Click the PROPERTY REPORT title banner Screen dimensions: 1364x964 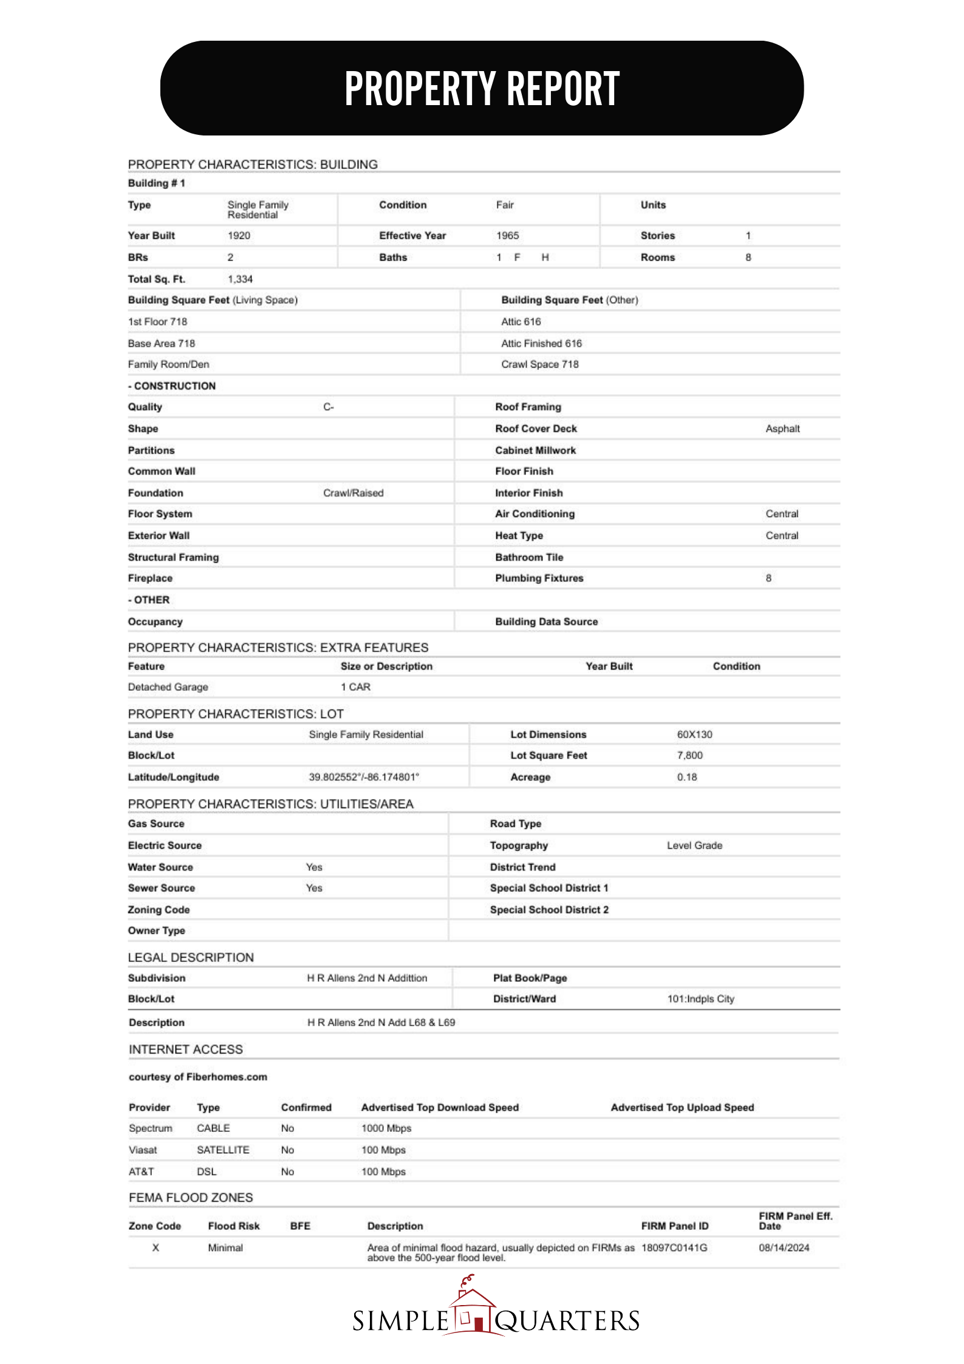(482, 88)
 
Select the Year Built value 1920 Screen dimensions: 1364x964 (239, 236)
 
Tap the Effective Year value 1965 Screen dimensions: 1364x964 (507, 236)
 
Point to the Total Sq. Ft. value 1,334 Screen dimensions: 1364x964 (240, 279)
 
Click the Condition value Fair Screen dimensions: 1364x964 (505, 205)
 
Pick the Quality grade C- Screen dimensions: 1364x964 (329, 407)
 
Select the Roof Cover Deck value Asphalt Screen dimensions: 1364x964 (782, 429)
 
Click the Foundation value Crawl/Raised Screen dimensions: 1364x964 (353, 493)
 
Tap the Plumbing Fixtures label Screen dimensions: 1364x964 (539, 578)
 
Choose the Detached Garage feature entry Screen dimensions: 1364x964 (168, 687)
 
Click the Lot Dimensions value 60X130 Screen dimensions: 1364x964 (694, 735)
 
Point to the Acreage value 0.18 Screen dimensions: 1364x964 (687, 777)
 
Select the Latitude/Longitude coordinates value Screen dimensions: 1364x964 (364, 777)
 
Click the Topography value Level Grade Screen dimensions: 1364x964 (694, 846)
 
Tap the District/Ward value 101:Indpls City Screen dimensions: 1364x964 (700, 999)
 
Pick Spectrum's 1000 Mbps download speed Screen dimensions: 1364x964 (386, 1128)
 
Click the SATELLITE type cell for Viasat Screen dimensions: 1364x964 (223, 1150)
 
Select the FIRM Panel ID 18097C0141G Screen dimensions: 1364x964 (674, 1248)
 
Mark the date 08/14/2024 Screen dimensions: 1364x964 (784, 1248)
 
